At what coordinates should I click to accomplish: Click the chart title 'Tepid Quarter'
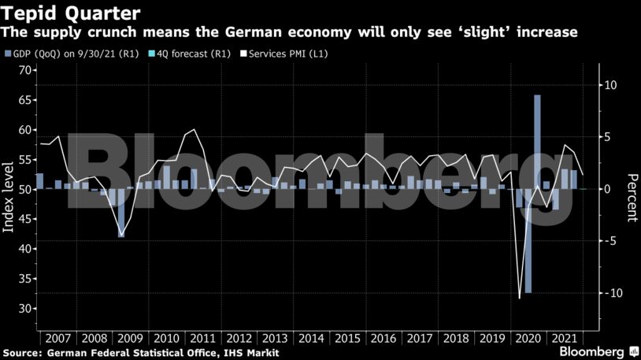[71, 13]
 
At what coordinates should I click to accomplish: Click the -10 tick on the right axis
[608, 293]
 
